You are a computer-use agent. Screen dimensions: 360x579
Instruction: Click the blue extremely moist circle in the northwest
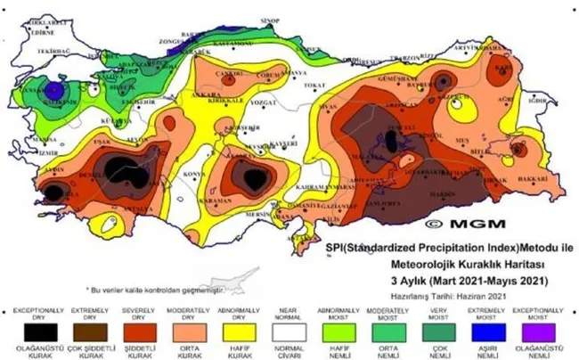[x=55, y=89]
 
